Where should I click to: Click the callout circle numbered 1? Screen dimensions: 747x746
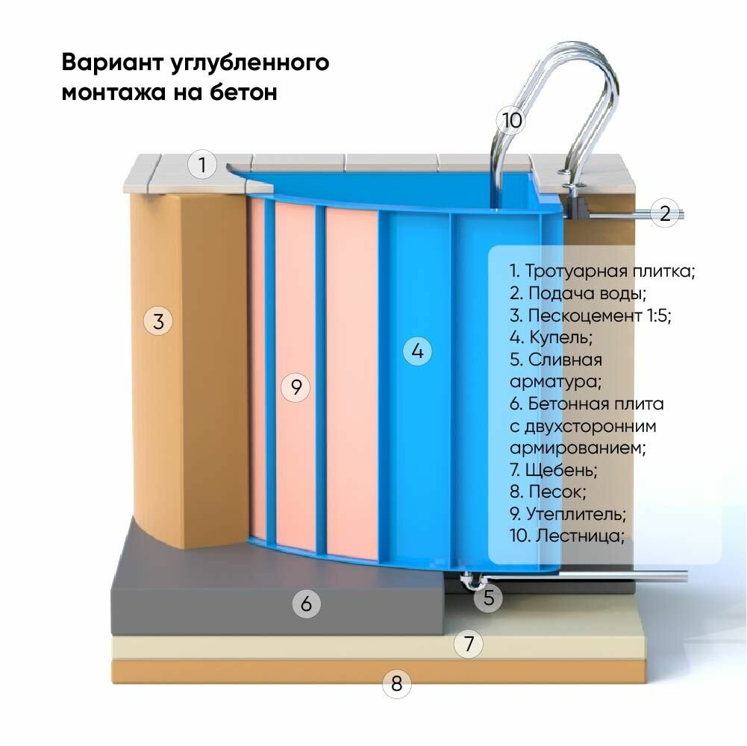point(201,164)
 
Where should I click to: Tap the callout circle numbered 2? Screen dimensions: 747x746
point(665,213)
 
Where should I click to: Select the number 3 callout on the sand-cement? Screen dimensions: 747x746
point(158,322)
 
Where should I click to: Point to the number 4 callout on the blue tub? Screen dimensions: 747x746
point(418,351)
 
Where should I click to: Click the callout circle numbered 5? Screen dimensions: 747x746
point(488,597)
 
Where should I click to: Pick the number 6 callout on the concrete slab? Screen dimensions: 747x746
point(306,603)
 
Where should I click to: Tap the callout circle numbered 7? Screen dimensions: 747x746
point(469,643)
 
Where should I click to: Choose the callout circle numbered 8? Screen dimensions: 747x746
point(397,683)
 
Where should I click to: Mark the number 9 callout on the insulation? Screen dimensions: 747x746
point(296,387)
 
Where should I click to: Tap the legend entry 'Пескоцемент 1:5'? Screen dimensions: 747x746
point(590,315)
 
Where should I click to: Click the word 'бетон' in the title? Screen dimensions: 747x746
point(243,93)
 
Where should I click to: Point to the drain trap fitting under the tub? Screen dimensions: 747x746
point(471,580)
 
